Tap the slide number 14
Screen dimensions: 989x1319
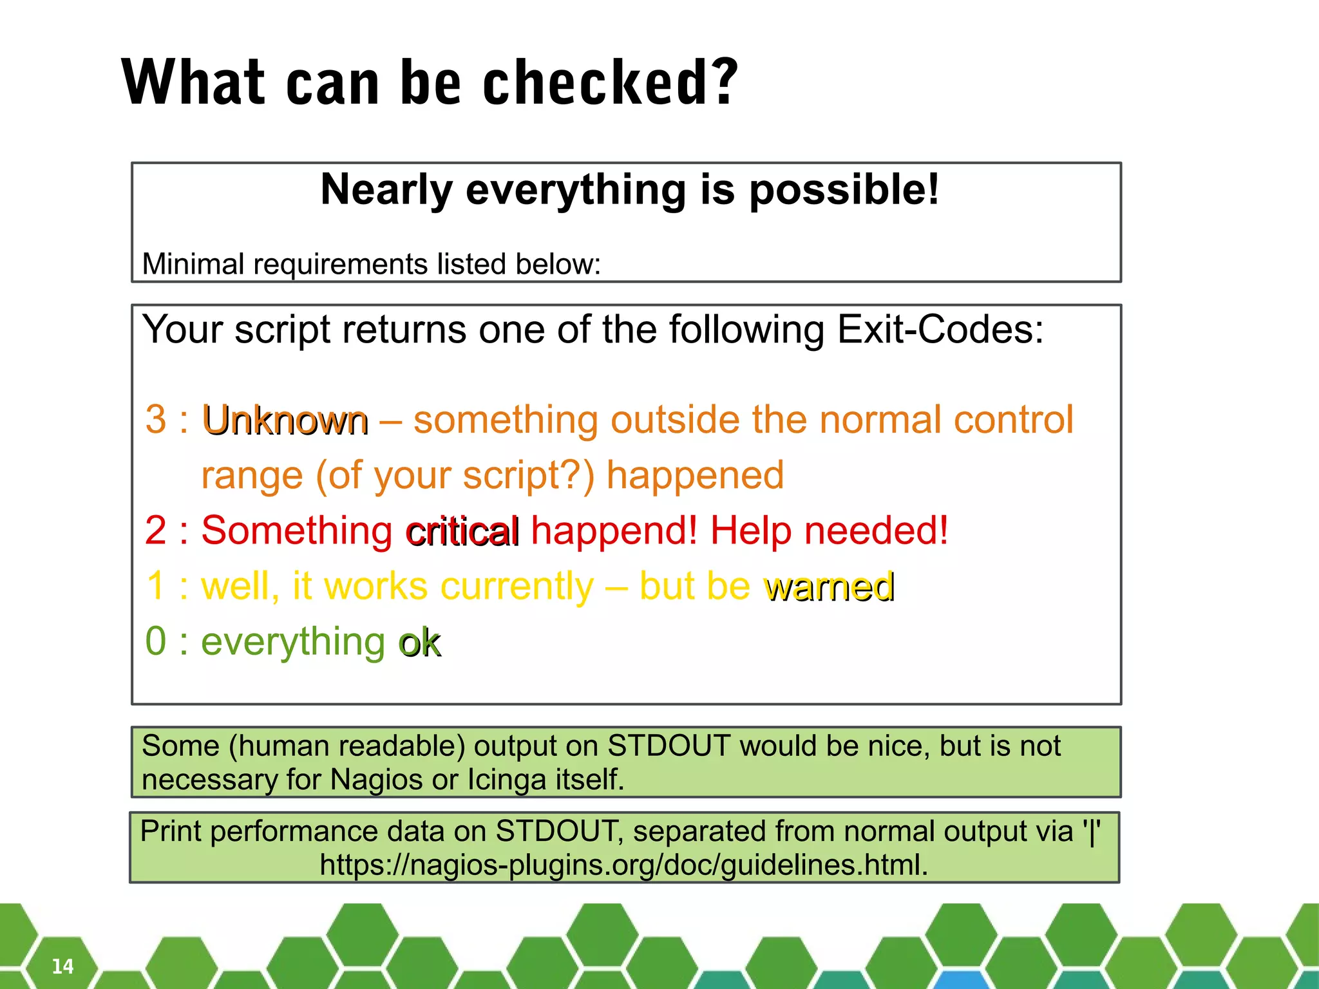(62, 966)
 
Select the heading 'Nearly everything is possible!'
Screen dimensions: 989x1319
(629, 190)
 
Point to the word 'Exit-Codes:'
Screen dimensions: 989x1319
(940, 330)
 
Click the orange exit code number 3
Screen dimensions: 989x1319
(156, 419)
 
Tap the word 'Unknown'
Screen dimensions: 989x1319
(285, 422)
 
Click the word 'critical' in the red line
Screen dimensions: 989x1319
(462, 532)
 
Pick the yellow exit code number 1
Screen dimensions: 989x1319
(157, 586)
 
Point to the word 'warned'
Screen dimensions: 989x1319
(829, 587)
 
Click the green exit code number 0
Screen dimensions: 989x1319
(156, 641)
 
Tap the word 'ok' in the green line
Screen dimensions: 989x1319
(420, 643)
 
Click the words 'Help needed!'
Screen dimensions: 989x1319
(829, 531)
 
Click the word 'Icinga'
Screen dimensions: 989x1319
(506, 780)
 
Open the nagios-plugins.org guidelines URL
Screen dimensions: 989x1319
(623, 865)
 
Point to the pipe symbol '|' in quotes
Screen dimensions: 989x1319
(1091, 831)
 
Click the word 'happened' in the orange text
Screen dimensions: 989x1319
(695, 475)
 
